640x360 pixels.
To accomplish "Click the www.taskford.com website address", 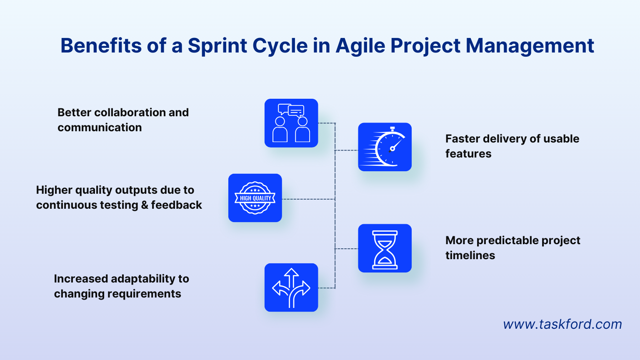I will pyautogui.click(x=562, y=324).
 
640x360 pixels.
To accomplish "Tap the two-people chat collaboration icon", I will pyautogui.click(x=291, y=123).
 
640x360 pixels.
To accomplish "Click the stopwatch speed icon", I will pyautogui.click(x=385, y=147).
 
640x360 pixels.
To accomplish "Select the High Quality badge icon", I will pyautogui.click(x=255, y=198).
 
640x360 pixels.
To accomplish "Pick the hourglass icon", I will pyautogui.click(x=385, y=248).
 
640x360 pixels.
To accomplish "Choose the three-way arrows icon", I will pyautogui.click(x=291, y=287).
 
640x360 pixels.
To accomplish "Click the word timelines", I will pyautogui.click(x=470, y=255).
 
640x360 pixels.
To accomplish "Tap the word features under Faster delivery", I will pyautogui.click(x=468, y=154).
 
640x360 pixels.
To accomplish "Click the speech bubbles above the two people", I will pyautogui.click(x=291, y=110).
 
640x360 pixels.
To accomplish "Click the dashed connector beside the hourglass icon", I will pyautogui.click(x=346, y=249).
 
